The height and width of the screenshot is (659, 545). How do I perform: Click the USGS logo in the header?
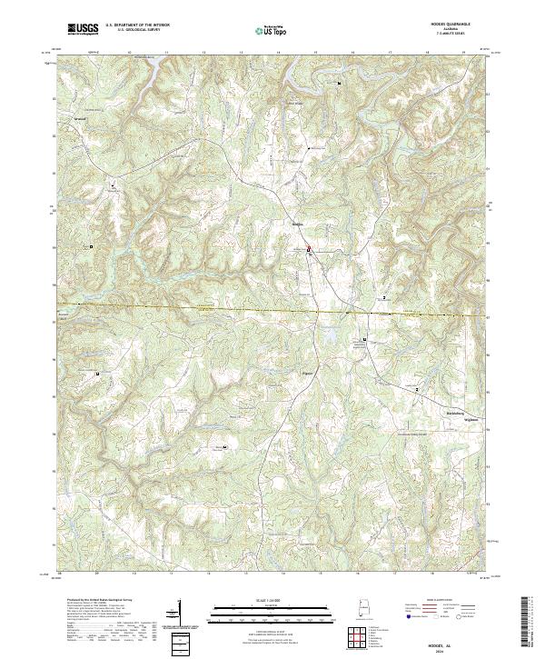(x=83, y=29)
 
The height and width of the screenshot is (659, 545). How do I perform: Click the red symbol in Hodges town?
(x=308, y=249)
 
